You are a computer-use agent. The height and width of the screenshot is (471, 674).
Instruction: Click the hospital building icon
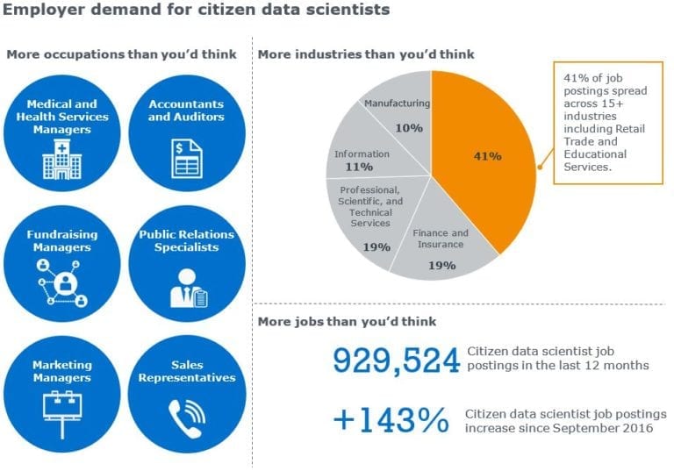click(62, 159)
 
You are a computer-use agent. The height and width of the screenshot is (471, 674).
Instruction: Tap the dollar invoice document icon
click(187, 159)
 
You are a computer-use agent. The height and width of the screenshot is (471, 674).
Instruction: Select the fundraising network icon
click(63, 282)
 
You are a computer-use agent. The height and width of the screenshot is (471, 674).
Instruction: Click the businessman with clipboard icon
click(189, 289)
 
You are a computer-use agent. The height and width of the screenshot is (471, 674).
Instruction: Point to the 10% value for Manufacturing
click(409, 128)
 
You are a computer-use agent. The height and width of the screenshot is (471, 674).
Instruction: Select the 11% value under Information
click(359, 167)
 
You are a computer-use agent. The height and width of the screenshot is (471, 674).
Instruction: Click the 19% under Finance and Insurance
click(442, 266)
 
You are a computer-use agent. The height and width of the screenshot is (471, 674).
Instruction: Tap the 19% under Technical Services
click(376, 247)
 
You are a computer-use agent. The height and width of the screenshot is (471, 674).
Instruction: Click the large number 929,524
click(397, 360)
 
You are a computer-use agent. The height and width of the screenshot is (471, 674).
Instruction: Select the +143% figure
click(391, 420)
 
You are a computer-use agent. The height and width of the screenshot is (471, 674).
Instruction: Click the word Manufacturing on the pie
click(397, 103)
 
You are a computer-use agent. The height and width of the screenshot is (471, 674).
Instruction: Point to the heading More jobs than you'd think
click(347, 321)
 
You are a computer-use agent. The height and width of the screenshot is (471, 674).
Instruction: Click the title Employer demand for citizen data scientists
click(196, 9)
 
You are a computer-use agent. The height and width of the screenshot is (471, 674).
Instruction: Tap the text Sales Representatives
click(187, 371)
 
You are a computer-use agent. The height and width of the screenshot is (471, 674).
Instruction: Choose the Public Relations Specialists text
click(187, 240)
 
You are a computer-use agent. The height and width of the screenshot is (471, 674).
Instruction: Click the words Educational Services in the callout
click(595, 161)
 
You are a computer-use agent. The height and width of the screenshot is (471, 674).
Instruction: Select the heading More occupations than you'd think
click(122, 54)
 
